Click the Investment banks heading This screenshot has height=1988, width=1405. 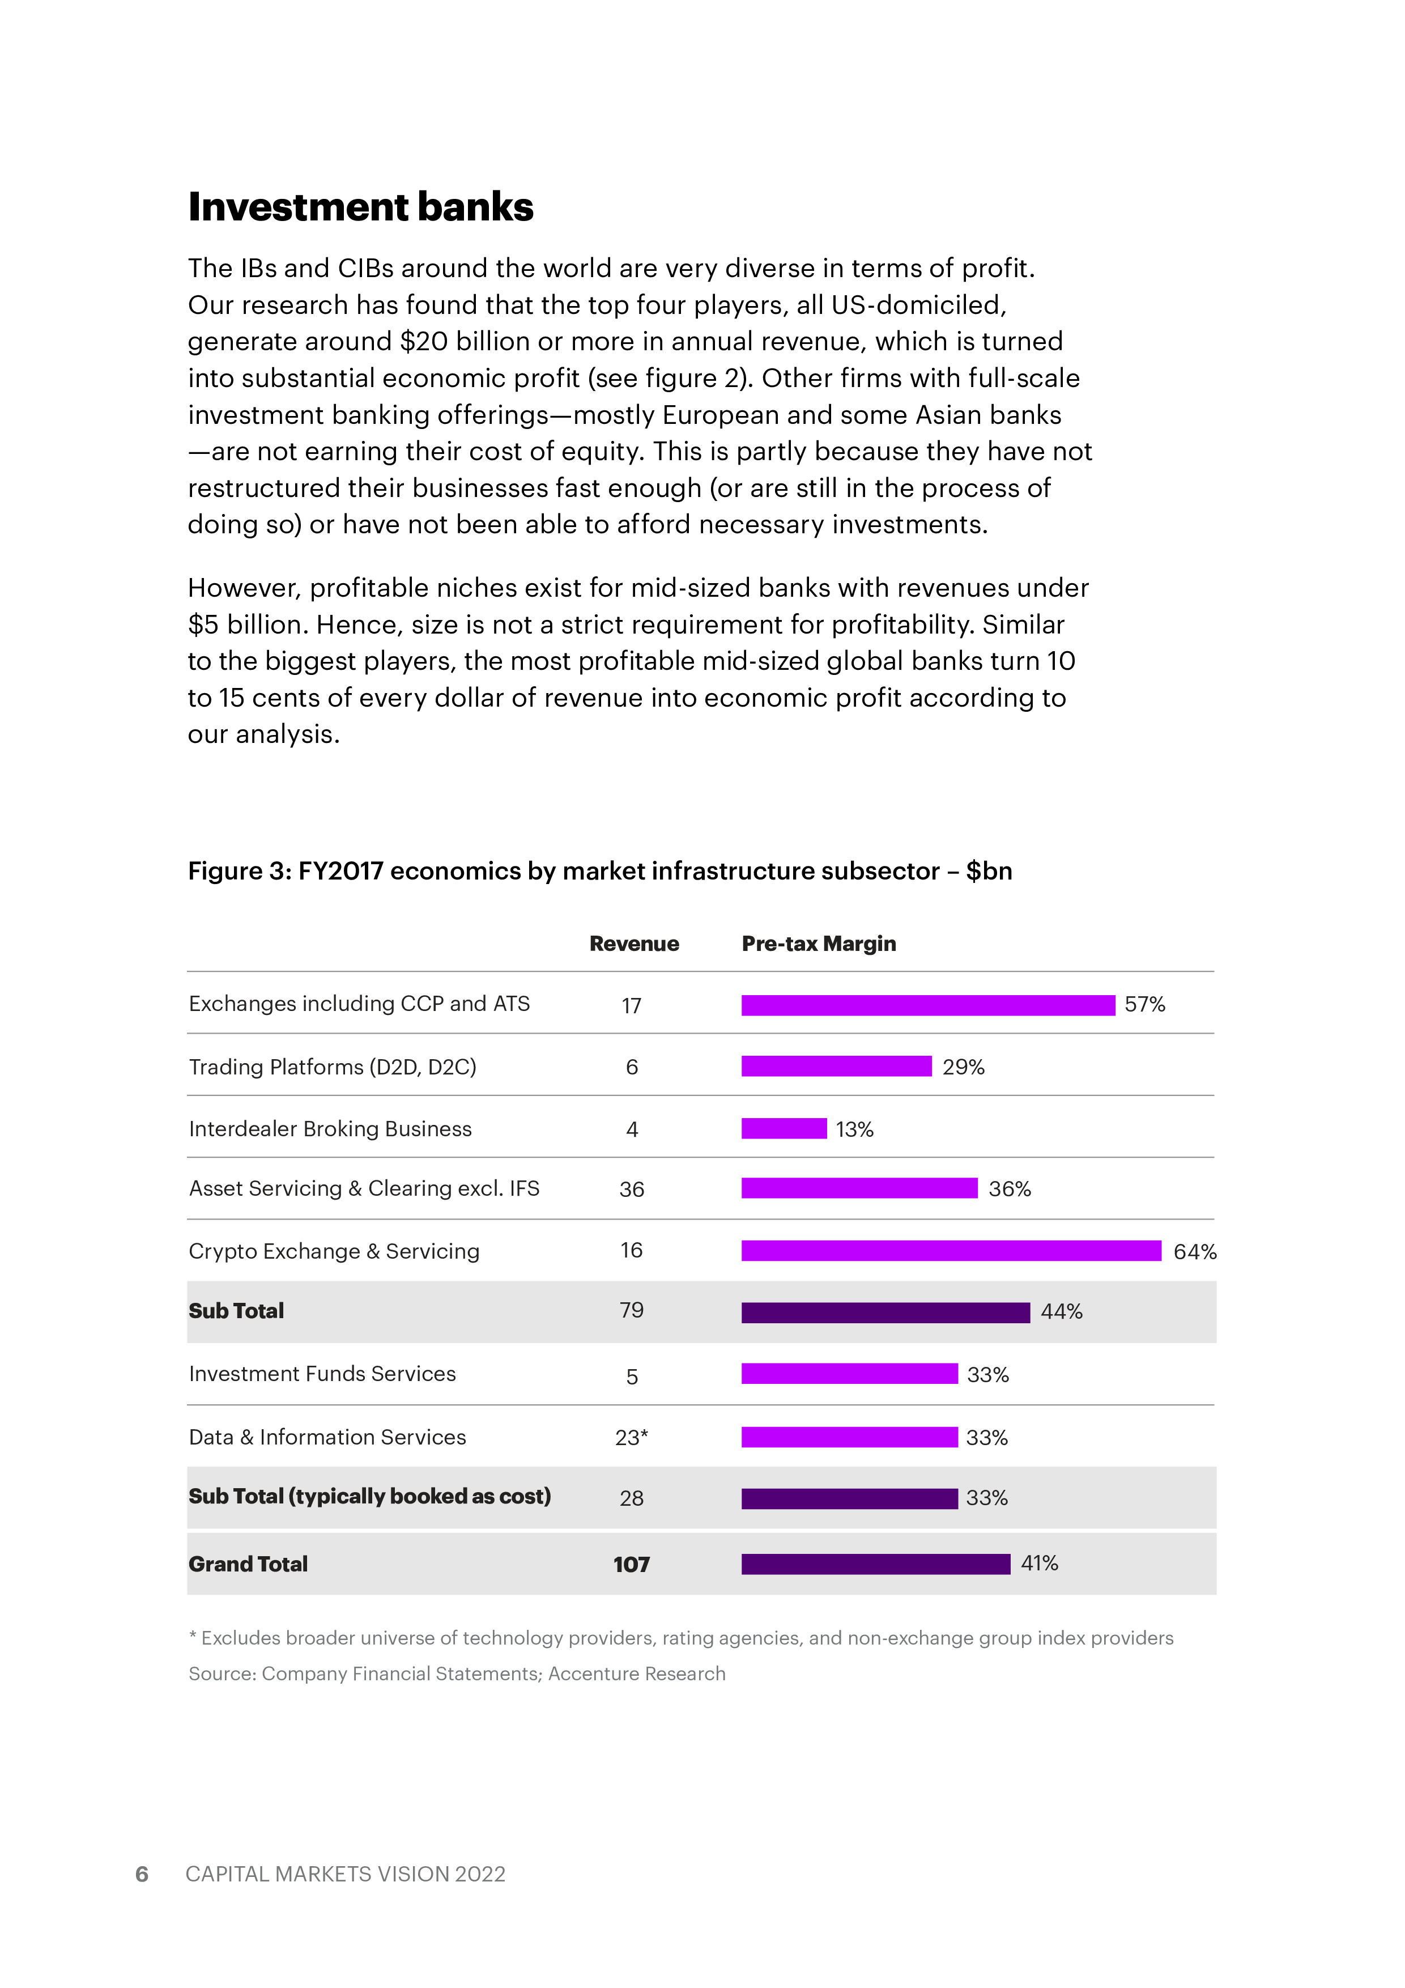tap(360, 207)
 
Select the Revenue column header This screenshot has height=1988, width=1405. tap(634, 944)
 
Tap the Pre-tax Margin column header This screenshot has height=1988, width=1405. tap(818, 944)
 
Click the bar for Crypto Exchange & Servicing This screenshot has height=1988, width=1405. tap(951, 1250)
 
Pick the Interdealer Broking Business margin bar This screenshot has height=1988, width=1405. tap(784, 1128)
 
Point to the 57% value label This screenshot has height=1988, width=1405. tap(1144, 1004)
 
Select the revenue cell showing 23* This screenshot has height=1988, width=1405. tap(631, 1437)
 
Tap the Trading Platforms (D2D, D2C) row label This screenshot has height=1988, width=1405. tap(333, 1067)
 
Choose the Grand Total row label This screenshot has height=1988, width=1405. tap(249, 1564)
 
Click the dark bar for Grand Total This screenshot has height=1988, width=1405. tap(875, 1564)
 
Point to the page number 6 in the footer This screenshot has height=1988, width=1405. tap(142, 1874)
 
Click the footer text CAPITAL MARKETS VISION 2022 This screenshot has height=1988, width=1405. tap(346, 1874)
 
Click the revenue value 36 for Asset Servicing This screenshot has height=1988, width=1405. tap(631, 1190)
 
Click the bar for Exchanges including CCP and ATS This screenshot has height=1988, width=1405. tap(928, 1005)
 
